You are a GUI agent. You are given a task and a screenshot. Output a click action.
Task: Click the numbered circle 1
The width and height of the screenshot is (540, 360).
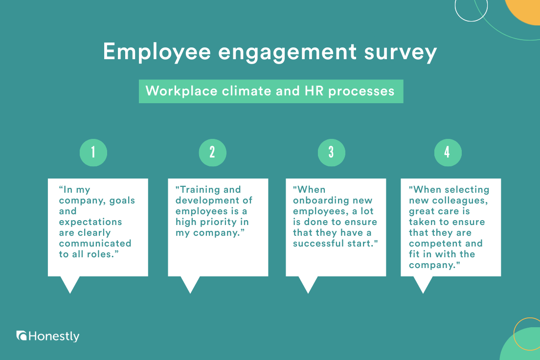coord(93,153)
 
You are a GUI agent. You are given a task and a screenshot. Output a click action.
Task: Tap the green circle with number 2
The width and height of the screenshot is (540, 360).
coord(212,153)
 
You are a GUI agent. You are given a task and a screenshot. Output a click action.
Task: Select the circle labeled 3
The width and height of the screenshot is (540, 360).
coord(331,153)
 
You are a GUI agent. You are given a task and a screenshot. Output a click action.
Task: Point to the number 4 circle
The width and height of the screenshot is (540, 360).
coord(448,153)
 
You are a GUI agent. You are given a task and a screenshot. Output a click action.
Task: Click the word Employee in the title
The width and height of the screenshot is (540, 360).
coord(157,52)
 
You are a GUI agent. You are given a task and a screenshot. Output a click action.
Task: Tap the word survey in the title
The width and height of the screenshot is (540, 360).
coord(401,53)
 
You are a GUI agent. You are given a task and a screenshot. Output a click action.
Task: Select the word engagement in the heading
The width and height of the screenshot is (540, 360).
coord(288,53)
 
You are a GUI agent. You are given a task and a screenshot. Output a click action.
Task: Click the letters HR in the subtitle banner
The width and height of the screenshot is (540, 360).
coord(314,91)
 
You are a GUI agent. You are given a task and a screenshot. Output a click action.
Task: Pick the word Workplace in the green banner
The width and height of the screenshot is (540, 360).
coord(181,91)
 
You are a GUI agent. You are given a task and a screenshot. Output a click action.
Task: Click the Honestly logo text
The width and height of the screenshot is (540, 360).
coord(54,336)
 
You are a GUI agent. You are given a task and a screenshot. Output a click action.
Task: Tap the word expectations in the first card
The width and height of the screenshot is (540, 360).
coord(90,222)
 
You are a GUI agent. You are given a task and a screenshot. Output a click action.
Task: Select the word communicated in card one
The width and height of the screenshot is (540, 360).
coord(95,243)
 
